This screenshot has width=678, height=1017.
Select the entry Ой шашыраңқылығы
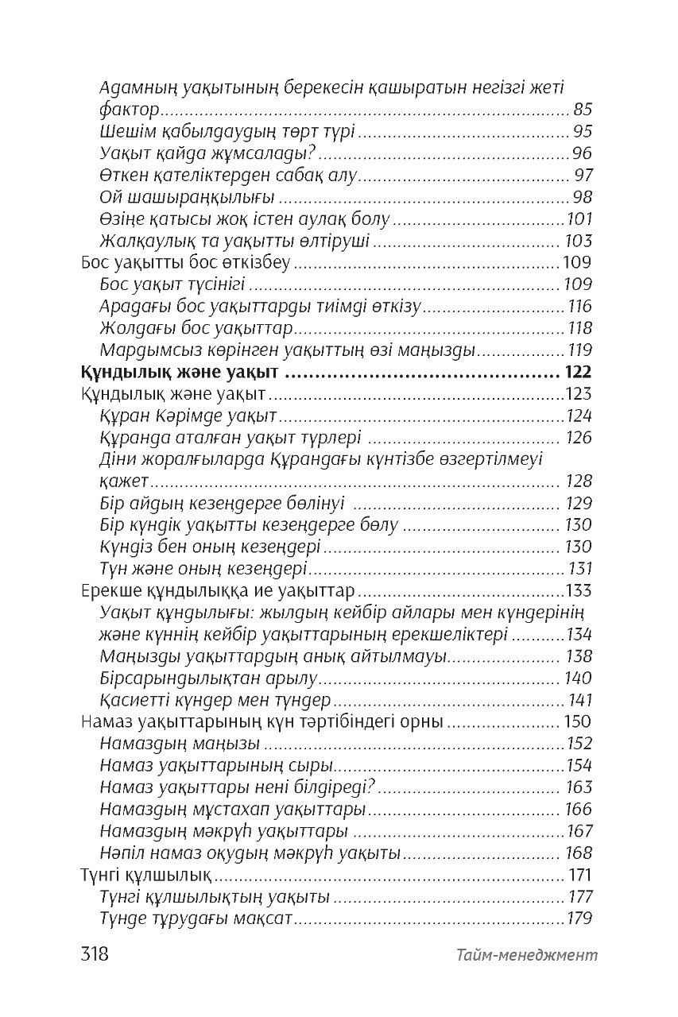[188, 197]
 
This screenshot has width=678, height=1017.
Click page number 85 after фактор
[582, 110]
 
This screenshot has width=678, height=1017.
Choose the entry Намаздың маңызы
[181, 744]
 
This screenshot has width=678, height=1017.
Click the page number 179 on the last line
[579, 919]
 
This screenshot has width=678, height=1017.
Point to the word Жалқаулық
[141, 240]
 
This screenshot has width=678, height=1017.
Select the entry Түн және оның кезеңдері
[204, 569]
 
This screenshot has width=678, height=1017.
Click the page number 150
[577, 721]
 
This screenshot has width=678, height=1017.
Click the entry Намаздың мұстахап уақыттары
[234, 810]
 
